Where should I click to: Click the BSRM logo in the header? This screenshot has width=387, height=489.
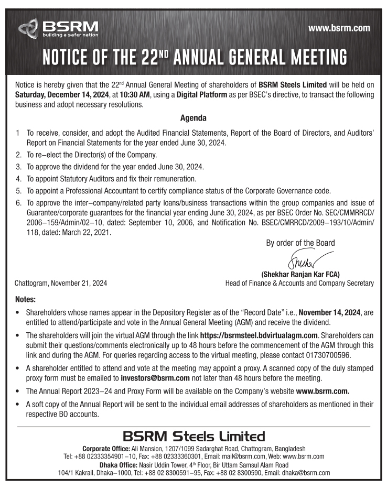(58, 27)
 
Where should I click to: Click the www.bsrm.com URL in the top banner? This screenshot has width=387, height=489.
(340, 28)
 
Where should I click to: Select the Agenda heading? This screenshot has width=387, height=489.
(193, 118)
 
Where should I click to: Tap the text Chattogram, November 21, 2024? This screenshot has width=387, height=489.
(62, 284)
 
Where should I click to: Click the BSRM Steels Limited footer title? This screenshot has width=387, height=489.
(193, 436)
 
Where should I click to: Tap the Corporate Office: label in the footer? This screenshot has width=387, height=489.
(106, 449)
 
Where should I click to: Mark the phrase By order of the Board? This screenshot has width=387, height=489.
(300, 242)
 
